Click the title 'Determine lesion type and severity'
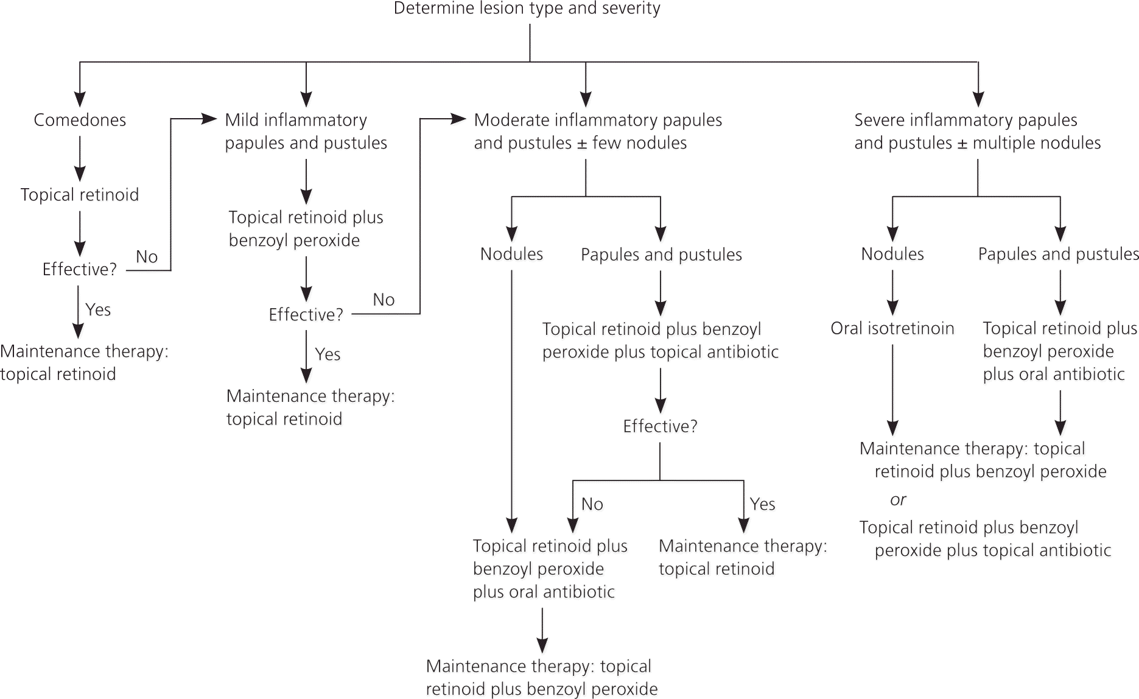(527, 9)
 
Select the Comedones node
(80, 120)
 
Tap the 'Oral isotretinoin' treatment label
(892, 329)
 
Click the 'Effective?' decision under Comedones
(79, 270)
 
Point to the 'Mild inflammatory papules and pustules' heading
(306, 132)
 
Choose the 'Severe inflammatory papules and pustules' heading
(977, 132)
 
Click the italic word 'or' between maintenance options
(898, 500)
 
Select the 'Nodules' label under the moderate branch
(511, 254)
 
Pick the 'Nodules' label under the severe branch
(892, 254)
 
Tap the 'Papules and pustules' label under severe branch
(1058, 254)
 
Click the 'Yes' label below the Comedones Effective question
(98, 310)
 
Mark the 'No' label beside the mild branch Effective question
(384, 300)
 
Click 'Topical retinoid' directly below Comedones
(80, 195)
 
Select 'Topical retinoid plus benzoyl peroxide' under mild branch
(306, 229)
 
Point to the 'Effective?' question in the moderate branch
(660, 426)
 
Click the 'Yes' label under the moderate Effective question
(762, 504)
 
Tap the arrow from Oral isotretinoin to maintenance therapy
(892, 390)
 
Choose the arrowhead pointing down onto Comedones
(80, 99)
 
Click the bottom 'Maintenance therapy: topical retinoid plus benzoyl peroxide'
(541, 678)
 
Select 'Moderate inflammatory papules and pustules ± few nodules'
(598, 132)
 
